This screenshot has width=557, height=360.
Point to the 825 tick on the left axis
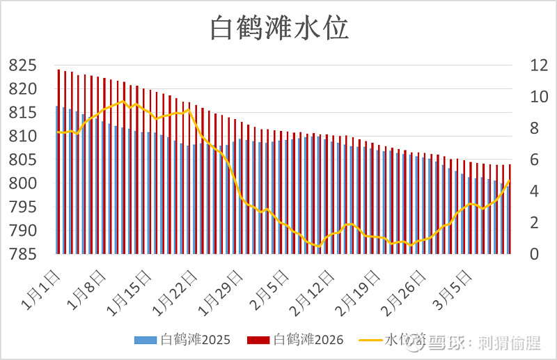(23, 65)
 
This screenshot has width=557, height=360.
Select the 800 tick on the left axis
(23, 184)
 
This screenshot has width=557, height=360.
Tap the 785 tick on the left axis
(23, 255)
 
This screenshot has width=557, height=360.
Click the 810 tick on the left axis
(23, 136)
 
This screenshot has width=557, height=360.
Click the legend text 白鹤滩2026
(308, 341)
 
